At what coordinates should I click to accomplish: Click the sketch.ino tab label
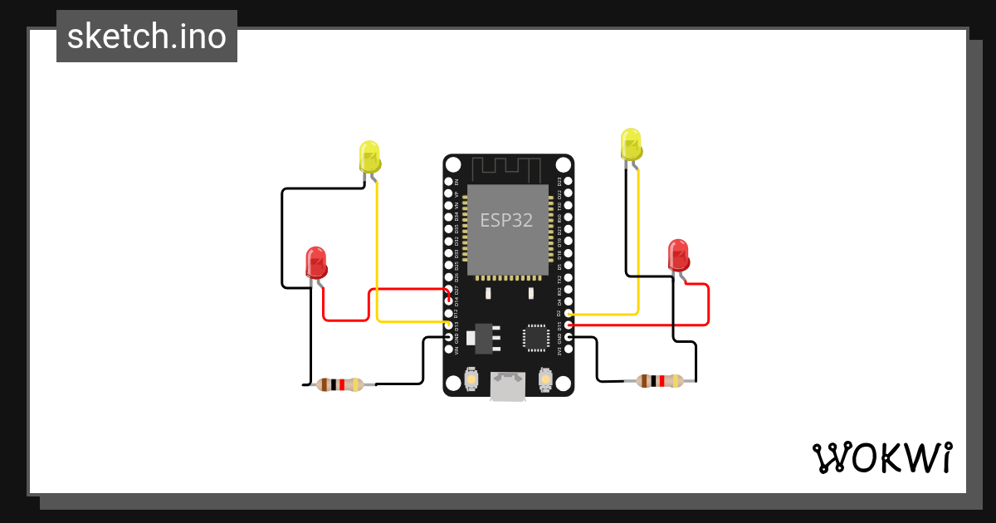pyautogui.click(x=147, y=37)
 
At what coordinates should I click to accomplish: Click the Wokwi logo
pyautogui.click(x=881, y=458)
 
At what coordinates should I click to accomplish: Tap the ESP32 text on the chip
pyautogui.click(x=506, y=220)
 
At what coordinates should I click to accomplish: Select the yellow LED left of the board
pyautogui.click(x=369, y=156)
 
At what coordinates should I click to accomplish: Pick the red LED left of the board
pyautogui.click(x=315, y=261)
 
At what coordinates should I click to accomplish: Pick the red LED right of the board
pyautogui.click(x=678, y=254)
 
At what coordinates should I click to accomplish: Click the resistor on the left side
pyautogui.click(x=339, y=384)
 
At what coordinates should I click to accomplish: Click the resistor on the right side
pyautogui.click(x=660, y=381)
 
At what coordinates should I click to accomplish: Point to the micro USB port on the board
pyautogui.click(x=508, y=387)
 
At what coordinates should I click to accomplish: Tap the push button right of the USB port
pyautogui.click(x=545, y=379)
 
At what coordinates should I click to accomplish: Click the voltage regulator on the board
pyautogui.click(x=481, y=337)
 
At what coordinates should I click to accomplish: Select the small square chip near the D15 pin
pyautogui.click(x=535, y=337)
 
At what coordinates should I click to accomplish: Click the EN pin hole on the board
pyautogui.click(x=448, y=181)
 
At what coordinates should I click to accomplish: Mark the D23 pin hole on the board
pyautogui.click(x=569, y=181)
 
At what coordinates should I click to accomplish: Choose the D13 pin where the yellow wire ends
pyautogui.click(x=448, y=325)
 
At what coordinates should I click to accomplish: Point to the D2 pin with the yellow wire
pyautogui.click(x=569, y=313)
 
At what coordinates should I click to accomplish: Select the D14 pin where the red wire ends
pyautogui.click(x=448, y=301)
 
